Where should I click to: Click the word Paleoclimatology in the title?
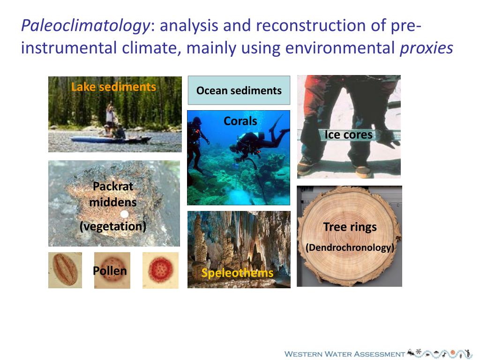click(85, 26)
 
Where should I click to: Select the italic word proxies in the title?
click(426, 48)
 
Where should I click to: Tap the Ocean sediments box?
click(239, 90)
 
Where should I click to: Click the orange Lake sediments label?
click(113, 87)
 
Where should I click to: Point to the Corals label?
click(240, 121)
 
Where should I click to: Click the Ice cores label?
click(348, 135)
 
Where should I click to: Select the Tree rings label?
click(350, 227)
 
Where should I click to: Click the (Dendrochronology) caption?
click(350, 247)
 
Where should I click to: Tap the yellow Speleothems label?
click(237, 273)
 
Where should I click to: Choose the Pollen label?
click(110, 271)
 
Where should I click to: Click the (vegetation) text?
click(113, 226)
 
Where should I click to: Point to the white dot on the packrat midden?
click(124, 214)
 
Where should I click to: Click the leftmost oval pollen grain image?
click(65, 270)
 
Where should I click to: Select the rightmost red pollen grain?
click(160, 270)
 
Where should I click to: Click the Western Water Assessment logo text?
click(345, 354)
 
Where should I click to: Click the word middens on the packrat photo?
click(113, 202)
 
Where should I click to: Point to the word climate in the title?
click(146, 48)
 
